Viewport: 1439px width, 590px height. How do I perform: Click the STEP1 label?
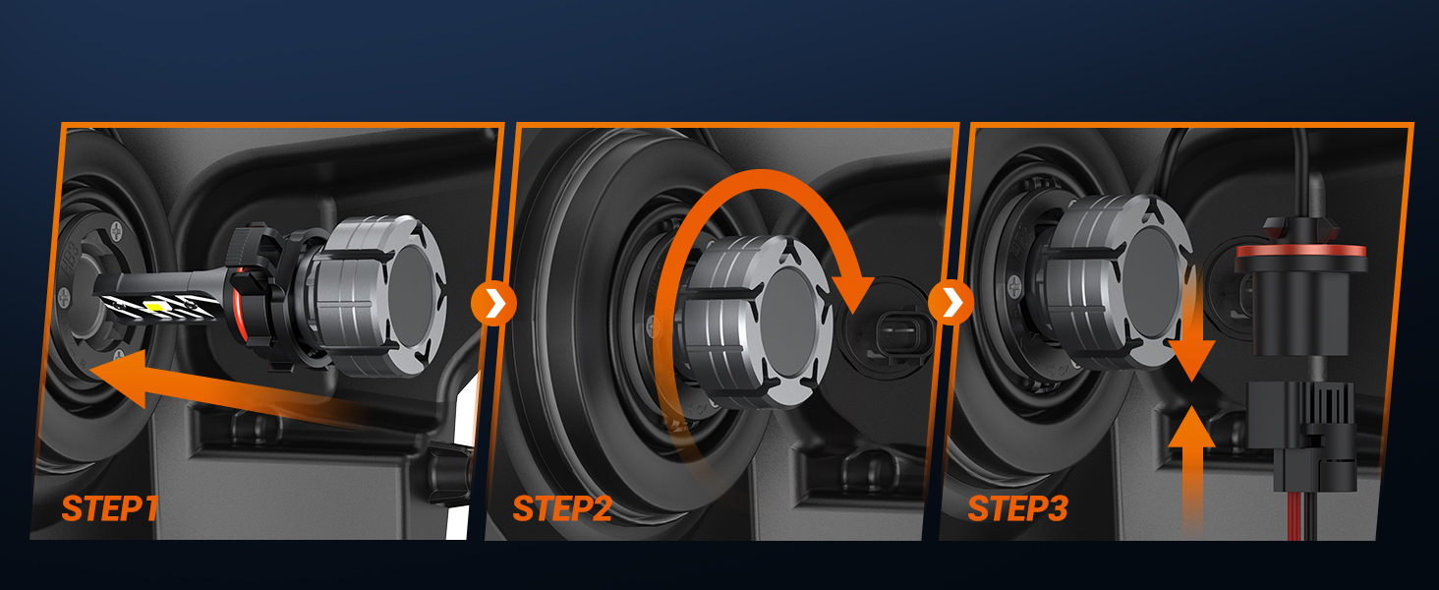[x=110, y=509]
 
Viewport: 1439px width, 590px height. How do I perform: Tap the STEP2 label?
[x=562, y=509]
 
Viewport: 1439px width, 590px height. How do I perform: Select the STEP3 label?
[x=1017, y=509]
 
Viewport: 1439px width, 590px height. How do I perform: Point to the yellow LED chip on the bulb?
[x=155, y=307]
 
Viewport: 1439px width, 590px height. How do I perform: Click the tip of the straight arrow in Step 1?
[x=89, y=369]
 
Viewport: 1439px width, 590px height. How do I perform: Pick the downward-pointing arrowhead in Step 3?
[x=1191, y=360]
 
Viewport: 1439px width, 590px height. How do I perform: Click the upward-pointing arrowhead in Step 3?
[x=1191, y=426]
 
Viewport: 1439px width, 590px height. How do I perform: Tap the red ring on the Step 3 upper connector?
[x=1300, y=251]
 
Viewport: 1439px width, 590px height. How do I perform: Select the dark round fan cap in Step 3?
[x=1154, y=283]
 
